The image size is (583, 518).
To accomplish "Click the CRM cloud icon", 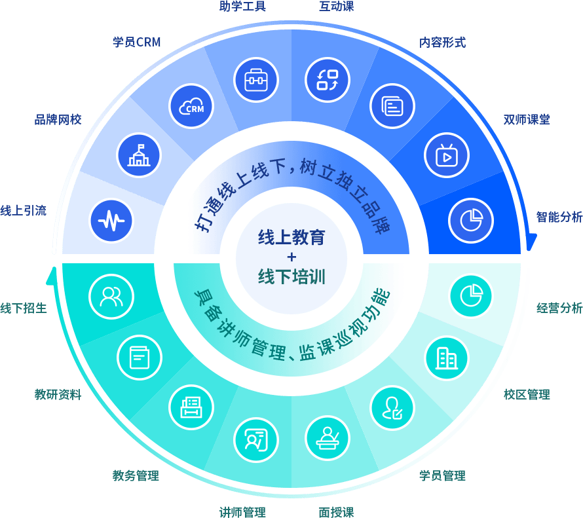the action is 191,107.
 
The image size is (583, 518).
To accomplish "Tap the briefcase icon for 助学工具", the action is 256,80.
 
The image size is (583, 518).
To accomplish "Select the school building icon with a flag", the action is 139,155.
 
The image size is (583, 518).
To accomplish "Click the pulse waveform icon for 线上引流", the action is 111,221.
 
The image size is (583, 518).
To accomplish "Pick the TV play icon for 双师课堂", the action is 446,155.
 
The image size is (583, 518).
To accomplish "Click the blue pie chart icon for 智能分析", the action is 471,221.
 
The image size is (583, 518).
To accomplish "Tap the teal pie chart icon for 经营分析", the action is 471,296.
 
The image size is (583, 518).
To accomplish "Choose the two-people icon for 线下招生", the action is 111,297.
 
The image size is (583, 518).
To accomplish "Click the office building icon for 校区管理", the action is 447,358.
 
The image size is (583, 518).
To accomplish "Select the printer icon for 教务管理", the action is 191,407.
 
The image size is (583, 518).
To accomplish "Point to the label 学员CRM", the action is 136,42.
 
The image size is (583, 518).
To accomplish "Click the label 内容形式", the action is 442,43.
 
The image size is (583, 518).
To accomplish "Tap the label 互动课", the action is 336,7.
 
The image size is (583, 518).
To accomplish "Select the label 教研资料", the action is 58,394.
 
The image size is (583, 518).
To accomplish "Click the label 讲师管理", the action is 242,512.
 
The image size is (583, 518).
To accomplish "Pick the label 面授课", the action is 336,512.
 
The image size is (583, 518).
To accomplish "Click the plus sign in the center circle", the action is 291,257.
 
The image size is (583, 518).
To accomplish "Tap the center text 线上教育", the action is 291,237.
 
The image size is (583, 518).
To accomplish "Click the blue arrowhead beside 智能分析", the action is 531,242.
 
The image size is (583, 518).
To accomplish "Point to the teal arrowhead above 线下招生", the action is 52,276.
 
